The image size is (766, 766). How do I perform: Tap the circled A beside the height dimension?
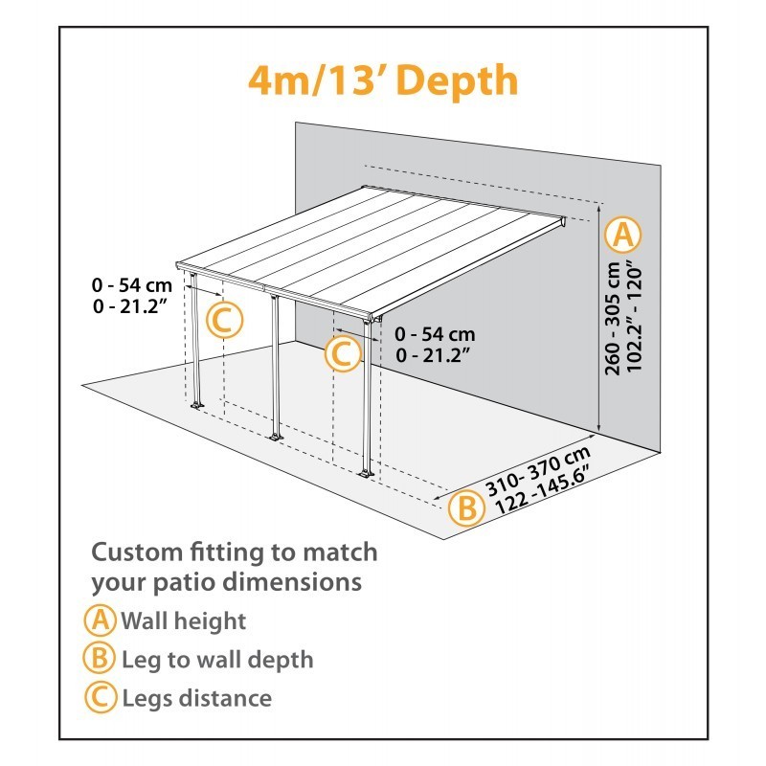coord(624,233)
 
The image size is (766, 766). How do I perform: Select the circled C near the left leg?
coord(225,321)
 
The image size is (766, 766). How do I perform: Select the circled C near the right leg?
coord(342,354)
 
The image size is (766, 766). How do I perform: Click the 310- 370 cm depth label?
coord(536,469)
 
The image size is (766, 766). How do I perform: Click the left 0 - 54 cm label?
coord(132,285)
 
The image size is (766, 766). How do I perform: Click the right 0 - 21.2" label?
coord(435,354)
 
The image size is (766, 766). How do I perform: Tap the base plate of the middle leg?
coord(276,438)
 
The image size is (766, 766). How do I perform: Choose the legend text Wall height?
coord(183,620)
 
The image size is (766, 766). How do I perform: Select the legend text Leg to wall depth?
coord(217,660)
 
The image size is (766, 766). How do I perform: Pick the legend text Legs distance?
coord(196,698)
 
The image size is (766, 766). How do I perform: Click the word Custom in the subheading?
coord(136,552)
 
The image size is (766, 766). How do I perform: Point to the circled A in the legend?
coord(100,620)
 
